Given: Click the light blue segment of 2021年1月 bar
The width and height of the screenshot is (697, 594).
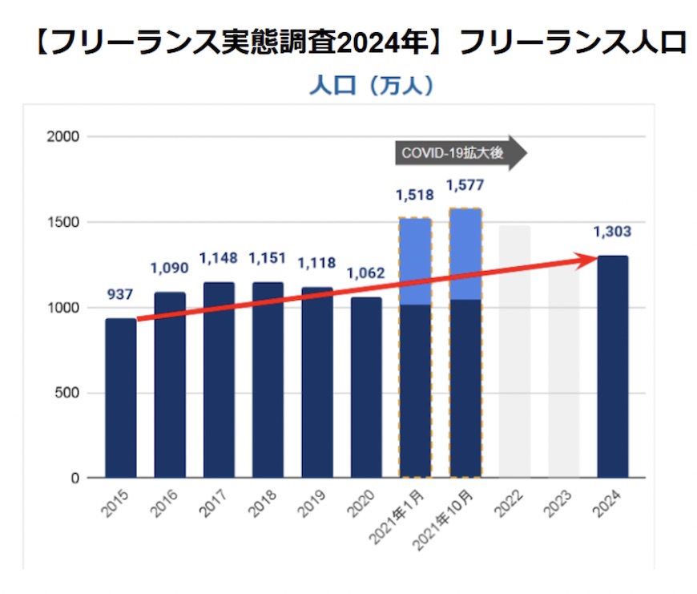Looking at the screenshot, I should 415,261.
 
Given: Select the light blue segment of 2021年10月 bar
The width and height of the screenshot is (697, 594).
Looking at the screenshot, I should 465,254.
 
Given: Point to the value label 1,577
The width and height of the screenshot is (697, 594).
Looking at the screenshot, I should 465,186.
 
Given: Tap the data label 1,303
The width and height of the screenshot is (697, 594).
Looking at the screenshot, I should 612,232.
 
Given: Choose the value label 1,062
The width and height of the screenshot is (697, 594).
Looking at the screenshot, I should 365,273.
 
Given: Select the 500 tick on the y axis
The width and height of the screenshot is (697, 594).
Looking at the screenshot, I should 70,393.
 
